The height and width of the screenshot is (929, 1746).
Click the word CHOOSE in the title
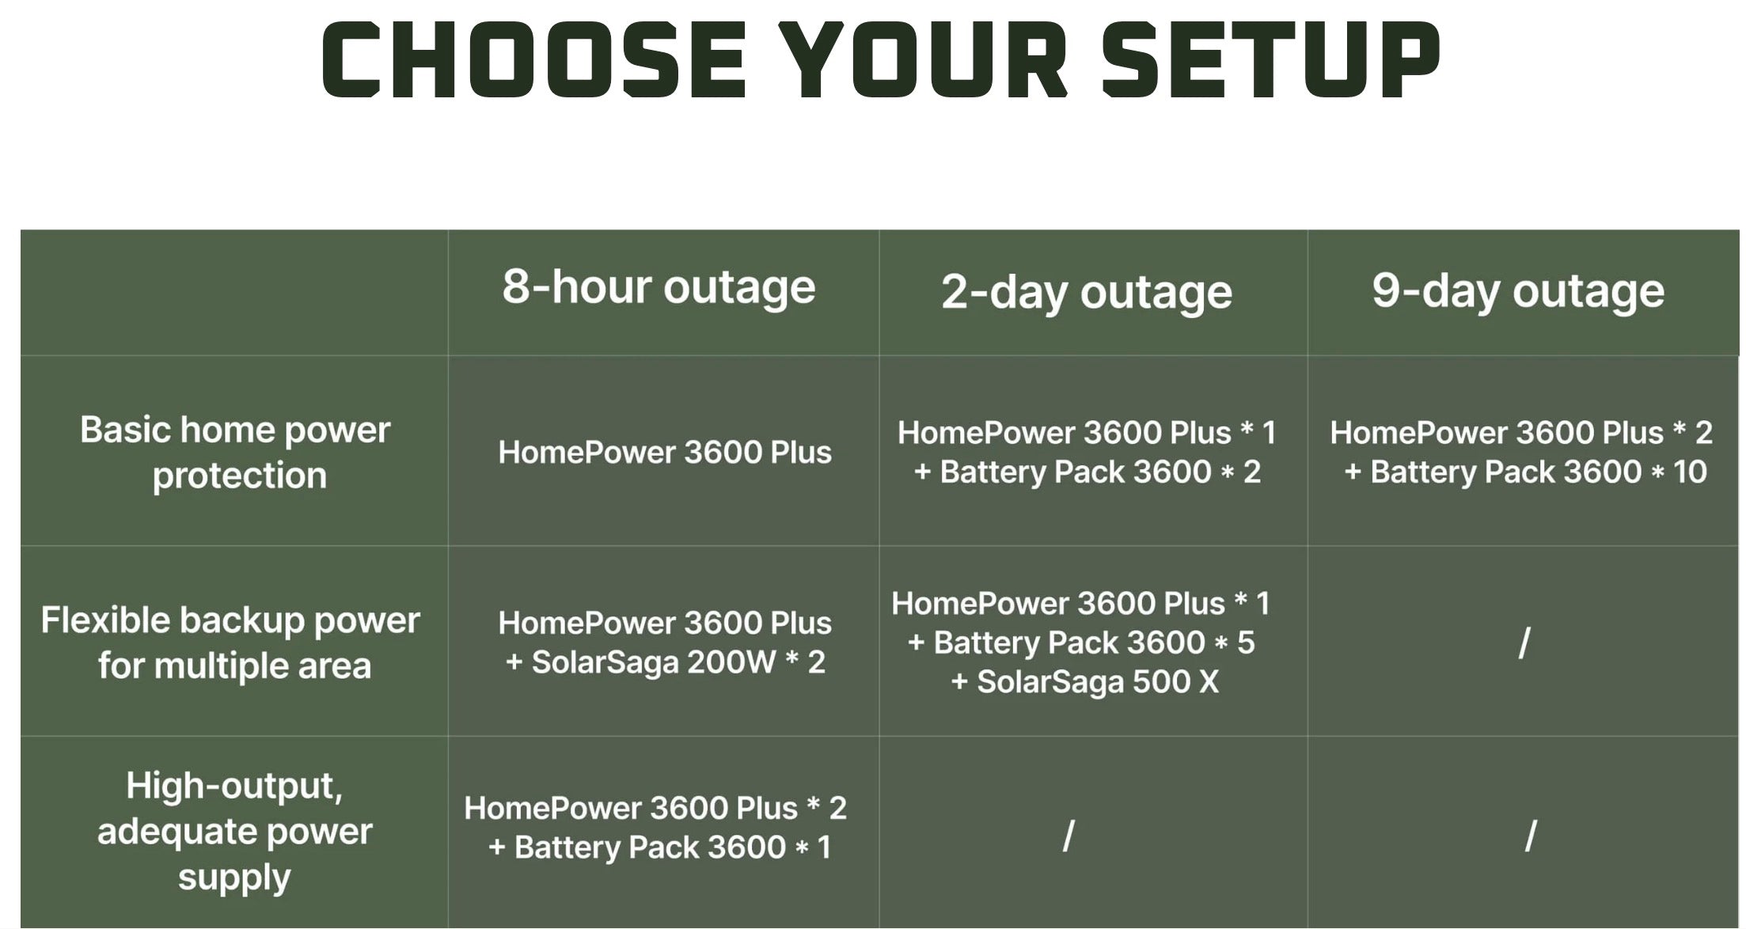[x=533, y=60]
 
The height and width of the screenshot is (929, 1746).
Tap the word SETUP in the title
[x=1270, y=60]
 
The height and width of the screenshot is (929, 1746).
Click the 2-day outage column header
[x=1087, y=293]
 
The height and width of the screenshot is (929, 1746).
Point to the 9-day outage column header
[x=1518, y=291]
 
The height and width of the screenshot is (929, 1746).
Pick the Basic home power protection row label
[x=236, y=453]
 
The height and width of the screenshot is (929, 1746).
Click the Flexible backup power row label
[x=230, y=643]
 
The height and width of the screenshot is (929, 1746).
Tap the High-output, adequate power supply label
[x=235, y=832]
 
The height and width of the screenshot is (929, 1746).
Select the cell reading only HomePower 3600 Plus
[x=665, y=452]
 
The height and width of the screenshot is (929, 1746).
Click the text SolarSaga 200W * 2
[x=678, y=662]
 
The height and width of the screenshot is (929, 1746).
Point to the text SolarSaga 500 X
[x=1098, y=681]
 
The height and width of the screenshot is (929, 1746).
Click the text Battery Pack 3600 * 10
[x=1539, y=472]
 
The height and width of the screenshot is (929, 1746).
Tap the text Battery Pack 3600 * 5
[x=1095, y=643]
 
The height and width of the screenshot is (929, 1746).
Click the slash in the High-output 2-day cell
[x=1068, y=836]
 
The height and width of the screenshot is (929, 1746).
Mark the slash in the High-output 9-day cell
[x=1531, y=836]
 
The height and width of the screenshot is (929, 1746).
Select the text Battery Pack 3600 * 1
[x=673, y=847]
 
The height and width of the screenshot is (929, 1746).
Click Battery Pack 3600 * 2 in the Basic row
[x=1100, y=472]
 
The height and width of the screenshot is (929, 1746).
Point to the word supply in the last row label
[x=235, y=878]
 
